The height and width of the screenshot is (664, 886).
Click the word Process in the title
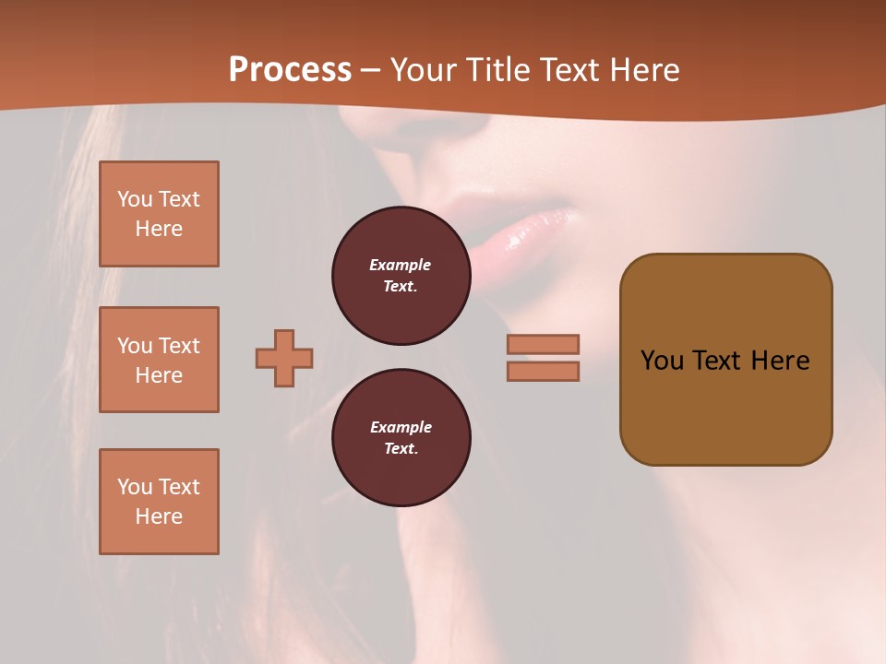click(290, 70)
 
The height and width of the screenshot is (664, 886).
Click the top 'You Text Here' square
click(159, 214)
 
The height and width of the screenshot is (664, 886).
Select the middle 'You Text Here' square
click(159, 360)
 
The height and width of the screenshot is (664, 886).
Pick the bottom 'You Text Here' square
click(159, 502)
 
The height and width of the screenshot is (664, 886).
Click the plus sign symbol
click(284, 358)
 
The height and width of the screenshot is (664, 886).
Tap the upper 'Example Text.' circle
click(401, 276)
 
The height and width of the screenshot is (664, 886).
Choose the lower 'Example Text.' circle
click(401, 438)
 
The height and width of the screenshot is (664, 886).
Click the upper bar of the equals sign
click(543, 344)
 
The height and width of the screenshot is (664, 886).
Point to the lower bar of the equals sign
click(543, 371)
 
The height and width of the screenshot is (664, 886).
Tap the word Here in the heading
click(645, 70)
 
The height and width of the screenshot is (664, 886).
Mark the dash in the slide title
click(371, 70)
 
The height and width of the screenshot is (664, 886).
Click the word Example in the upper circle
click(401, 265)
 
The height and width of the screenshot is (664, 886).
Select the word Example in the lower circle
click(401, 427)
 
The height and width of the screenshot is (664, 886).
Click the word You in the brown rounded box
click(662, 361)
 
